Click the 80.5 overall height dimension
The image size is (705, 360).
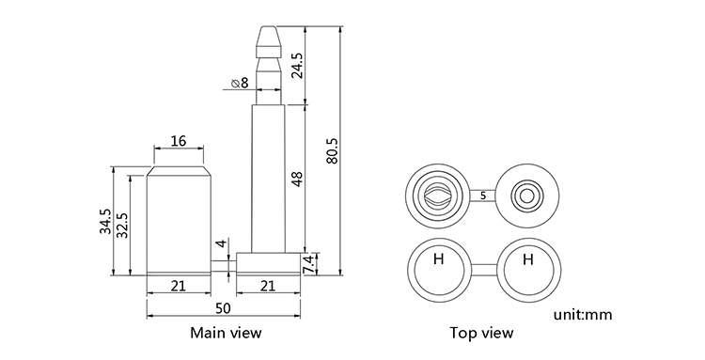tap(332, 150)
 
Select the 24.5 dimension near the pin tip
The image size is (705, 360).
tap(297, 66)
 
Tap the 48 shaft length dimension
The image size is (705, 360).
tap(297, 179)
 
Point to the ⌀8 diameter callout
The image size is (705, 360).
tap(239, 83)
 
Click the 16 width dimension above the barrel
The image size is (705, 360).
tap(179, 141)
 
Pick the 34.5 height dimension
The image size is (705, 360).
tap(105, 221)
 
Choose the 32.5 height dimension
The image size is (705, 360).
tap(122, 225)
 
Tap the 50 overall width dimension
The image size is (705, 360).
tap(223, 308)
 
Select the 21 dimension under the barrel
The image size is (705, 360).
tap(179, 286)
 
